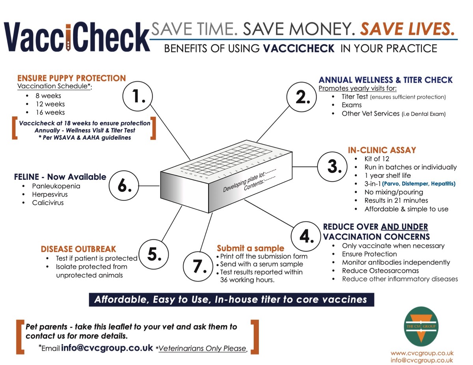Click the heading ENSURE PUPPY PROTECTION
coord(72,78)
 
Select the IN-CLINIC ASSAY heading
coord(382,150)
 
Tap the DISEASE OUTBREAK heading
coord(78,249)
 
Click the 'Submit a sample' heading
coord(251,248)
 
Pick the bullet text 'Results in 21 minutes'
coord(396,200)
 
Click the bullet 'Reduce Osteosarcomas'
coord(380,270)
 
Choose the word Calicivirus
coord(48,203)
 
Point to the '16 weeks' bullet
coord(50,112)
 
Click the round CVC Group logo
coord(421,326)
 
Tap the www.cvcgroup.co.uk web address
coord(422,353)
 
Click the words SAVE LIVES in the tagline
coord(407,29)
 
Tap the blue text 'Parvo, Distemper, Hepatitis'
coord(419,184)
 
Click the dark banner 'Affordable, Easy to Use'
coord(231,300)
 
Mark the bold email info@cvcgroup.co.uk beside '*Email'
coord(107,348)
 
